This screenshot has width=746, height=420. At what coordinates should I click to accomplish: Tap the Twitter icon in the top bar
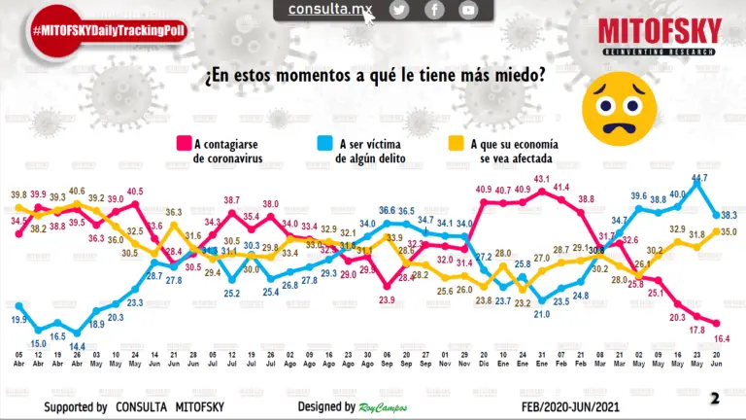point(399,10)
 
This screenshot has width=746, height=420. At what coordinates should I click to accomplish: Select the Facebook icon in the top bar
point(434,10)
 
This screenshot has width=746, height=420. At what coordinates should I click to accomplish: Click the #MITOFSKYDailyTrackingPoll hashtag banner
point(109,31)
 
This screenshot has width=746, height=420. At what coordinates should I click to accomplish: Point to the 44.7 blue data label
point(698,178)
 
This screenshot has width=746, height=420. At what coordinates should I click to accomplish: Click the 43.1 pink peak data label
point(542,179)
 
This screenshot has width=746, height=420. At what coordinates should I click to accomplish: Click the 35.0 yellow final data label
point(727,232)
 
